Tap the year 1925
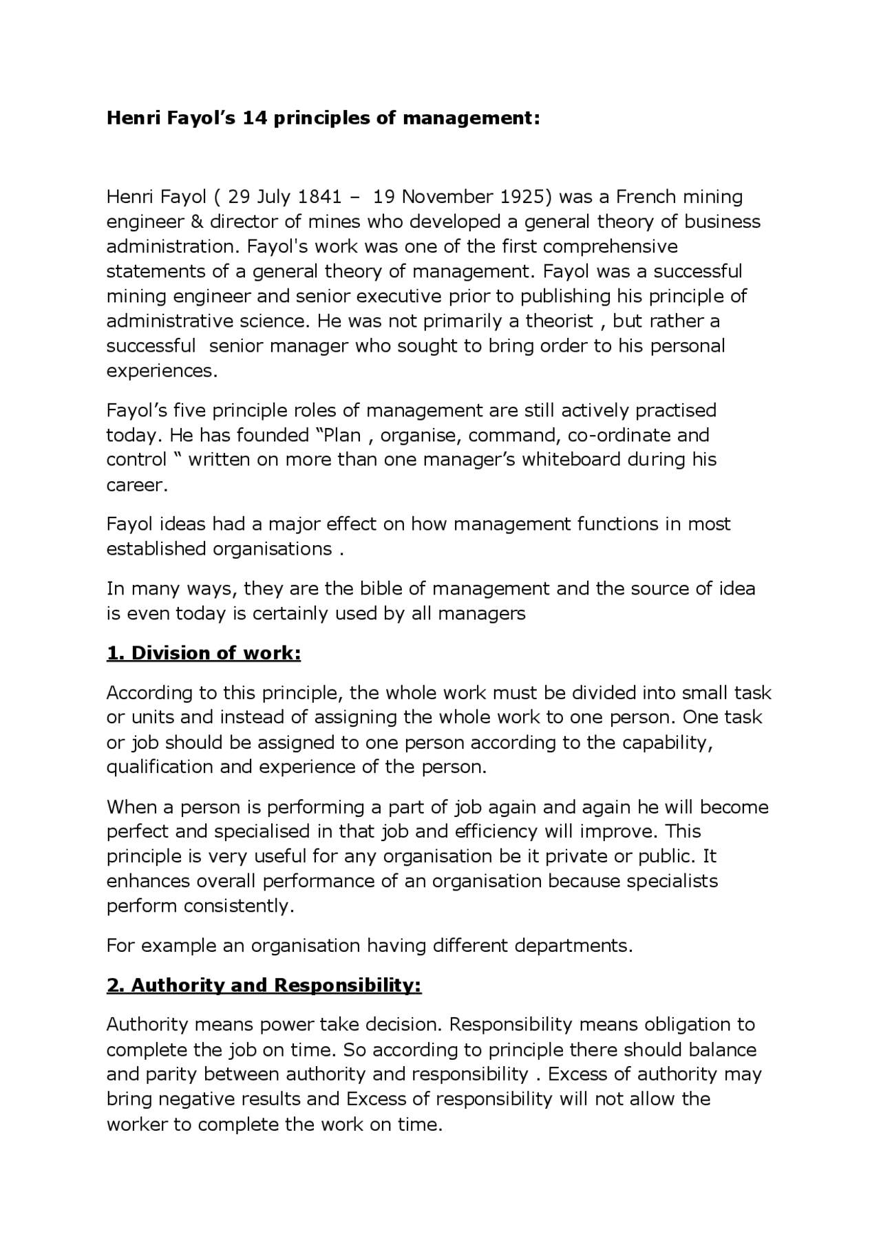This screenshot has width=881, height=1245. point(526,197)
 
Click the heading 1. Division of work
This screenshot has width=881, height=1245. point(204,652)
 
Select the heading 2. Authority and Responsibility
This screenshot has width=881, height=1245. point(264,985)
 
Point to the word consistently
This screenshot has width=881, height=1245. point(238,906)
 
